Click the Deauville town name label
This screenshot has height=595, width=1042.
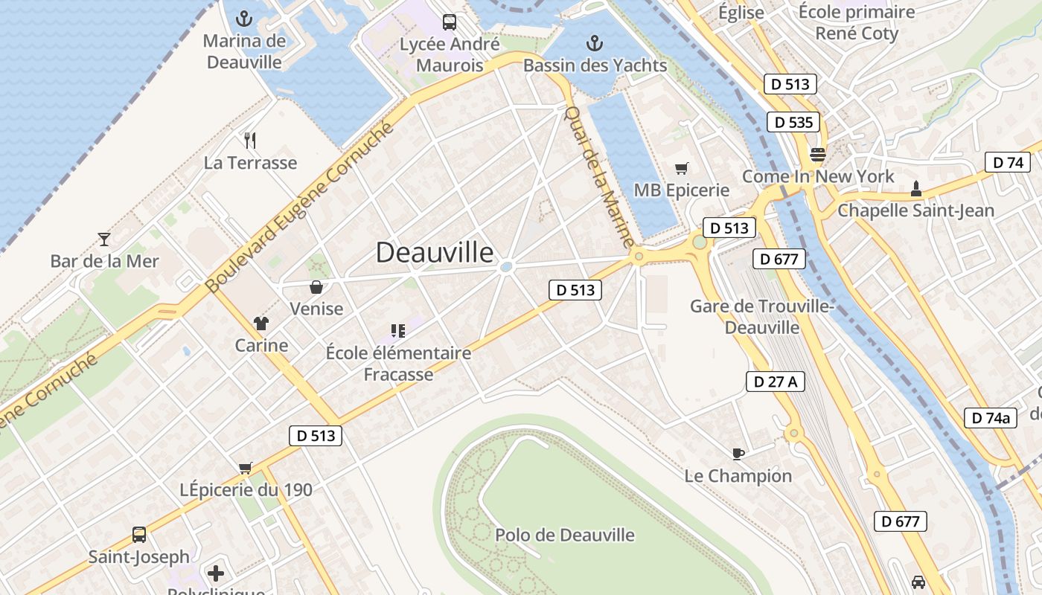[x=435, y=253]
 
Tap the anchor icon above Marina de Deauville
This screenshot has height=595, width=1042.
[x=244, y=19]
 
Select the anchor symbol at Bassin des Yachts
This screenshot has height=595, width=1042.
[x=594, y=42]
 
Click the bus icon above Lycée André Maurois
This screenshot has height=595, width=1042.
[x=450, y=22]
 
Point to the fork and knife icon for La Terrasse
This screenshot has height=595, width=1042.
[x=250, y=140]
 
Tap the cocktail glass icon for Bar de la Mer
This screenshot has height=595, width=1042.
[x=104, y=239]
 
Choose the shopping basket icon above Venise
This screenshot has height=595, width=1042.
[x=316, y=286]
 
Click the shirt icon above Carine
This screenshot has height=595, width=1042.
[x=261, y=323]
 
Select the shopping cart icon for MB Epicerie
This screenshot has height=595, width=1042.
[x=681, y=168]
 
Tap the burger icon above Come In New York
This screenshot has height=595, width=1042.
[x=818, y=155]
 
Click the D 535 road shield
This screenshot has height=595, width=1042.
[x=793, y=122]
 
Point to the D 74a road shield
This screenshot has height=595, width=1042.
[x=991, y=418]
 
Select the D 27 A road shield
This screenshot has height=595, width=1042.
[x=775, y=382]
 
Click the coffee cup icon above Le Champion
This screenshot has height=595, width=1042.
[x=738, y=453]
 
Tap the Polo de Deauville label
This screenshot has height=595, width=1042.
[x=565, y=535]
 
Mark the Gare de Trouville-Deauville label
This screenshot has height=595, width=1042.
[x=761, y=317]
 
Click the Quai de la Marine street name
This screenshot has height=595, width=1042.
[x=599, y=177]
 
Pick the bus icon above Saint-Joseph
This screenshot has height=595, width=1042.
[x=139, y=534]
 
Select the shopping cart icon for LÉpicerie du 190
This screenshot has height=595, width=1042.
[x=246, y=468]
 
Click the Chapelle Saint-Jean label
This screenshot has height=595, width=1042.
[x=915, y=210]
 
